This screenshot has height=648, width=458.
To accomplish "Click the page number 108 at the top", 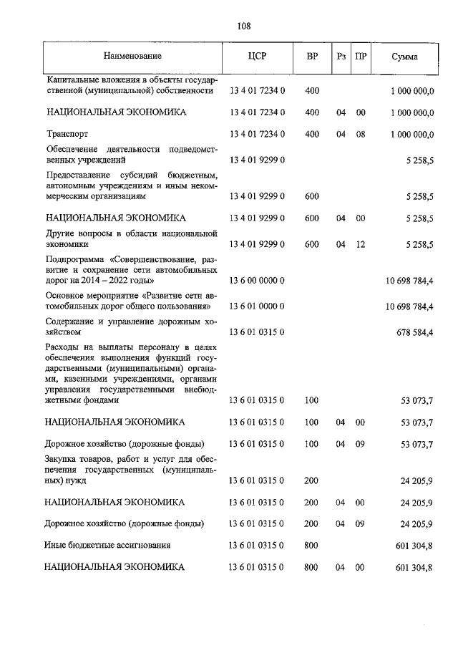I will point(243,26).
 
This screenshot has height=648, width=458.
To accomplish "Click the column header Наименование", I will point(132,56).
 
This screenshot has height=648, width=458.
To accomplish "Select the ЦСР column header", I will point(257,56).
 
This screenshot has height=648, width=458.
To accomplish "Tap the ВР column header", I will point(312,56).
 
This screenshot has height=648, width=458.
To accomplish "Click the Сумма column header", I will point(405,56).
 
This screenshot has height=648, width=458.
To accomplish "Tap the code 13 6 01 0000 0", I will point(257,306).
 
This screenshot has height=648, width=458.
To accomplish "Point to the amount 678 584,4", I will point(411,332).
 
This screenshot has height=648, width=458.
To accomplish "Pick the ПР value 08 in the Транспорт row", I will point(361,134).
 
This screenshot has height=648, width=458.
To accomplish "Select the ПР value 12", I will point(361,244).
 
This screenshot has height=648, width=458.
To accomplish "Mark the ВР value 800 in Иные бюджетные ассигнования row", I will point(311,545).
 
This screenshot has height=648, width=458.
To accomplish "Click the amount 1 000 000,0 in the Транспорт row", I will point(412,134).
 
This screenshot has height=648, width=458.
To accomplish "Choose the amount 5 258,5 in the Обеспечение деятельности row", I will point(419,161).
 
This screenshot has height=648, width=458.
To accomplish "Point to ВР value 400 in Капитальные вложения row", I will point(311,91).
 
